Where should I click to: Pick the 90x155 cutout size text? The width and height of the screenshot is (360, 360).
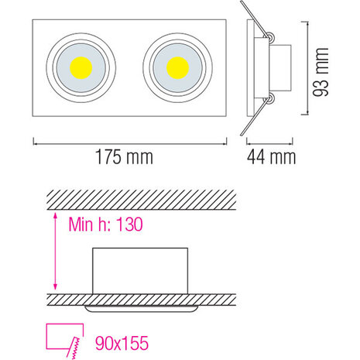[117, 340]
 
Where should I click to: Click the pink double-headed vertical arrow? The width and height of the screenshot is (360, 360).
[53, 252]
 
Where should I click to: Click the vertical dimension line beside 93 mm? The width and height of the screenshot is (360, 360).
[313, 71]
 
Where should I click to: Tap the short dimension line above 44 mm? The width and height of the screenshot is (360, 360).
[270, 141]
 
